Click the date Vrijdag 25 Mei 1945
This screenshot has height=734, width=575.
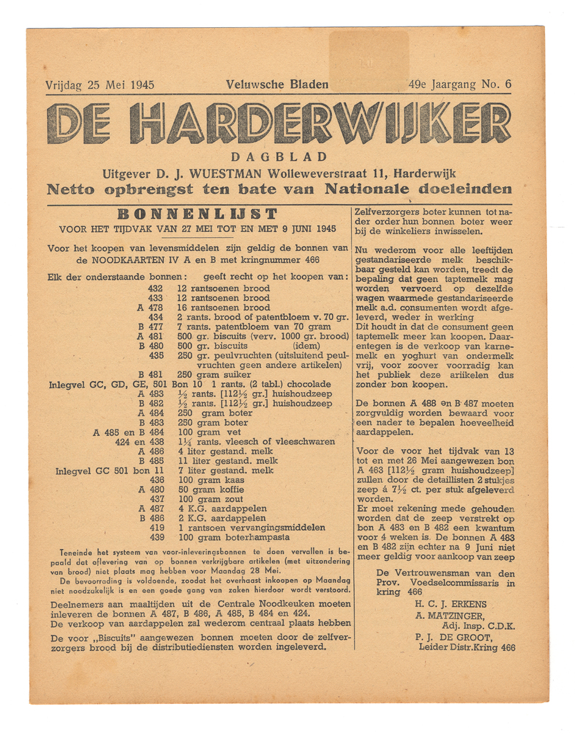99,84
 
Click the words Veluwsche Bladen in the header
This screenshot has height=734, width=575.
277,84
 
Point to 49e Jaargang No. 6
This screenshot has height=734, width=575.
460,84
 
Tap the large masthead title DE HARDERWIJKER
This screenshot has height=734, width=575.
278,123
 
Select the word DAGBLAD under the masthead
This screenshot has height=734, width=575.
279,157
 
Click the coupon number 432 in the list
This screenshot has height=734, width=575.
156,288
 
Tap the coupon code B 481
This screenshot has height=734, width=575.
151,374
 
